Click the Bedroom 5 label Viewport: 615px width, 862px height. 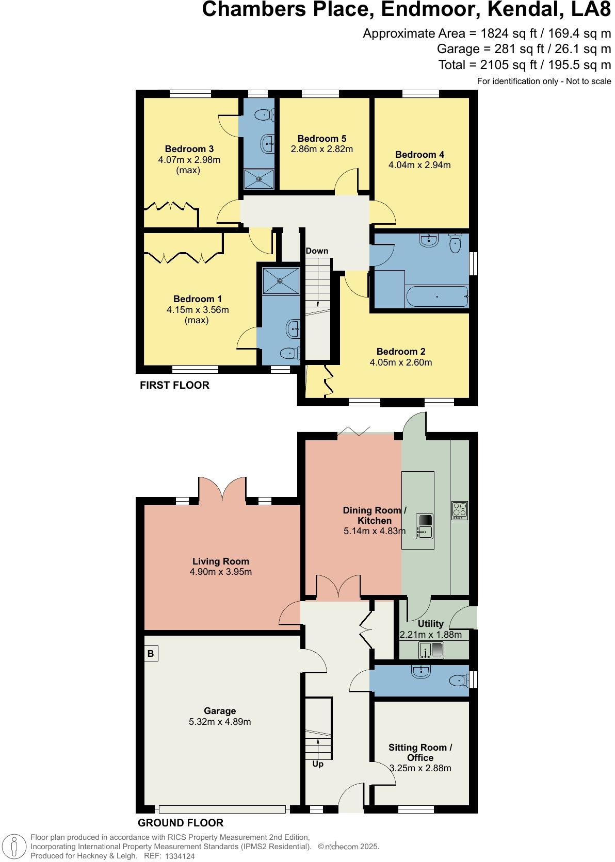coord(322,138)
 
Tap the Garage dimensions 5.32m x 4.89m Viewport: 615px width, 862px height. coord(220,722)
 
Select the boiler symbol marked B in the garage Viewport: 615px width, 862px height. coord(151,654)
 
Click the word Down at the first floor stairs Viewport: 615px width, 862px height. coord(317,251)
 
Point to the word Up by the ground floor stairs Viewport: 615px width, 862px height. coord(318,764)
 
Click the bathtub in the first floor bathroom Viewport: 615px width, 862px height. coord(437,297)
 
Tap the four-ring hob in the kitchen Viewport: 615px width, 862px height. coord(460,510)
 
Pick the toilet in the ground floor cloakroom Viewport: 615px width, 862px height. coord(458,681)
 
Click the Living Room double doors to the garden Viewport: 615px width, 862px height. coord(222,490)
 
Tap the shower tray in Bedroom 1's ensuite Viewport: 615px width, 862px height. coord(281,281)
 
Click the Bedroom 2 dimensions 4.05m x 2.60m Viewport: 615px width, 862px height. coord(401,362)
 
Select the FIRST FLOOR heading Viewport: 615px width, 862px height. coord(174,385)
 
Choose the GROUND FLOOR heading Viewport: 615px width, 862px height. coord(181,823)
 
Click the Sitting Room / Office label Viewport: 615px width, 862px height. coord(420,753)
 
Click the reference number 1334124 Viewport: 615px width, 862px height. coord(180,856)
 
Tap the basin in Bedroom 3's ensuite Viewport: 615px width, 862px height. coord(267,143)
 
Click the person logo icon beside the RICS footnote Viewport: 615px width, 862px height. coord(14,847)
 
